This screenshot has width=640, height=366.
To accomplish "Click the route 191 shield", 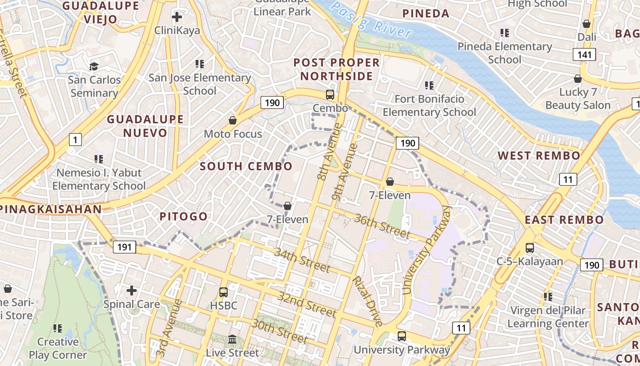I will pyautogui.click(x=124, y=248).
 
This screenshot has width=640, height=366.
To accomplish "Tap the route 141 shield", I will pyautogui.click(x=584, y=55).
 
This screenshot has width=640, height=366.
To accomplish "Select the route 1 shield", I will pyautogui.click(x=75, y=139).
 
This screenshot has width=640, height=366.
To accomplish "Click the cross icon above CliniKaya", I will pyautogui.click(x=177, y=17).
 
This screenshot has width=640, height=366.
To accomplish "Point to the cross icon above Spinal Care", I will pyautogui.click(x=132, y=290).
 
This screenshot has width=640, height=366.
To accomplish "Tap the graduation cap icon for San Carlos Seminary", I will pyautogui.click(x=94, y=67).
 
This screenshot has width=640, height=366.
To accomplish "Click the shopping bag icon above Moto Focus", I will pyautogui.click(x=233, y=120).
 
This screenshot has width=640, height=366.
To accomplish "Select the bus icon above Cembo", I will pyautogui.click(x=330, y=95).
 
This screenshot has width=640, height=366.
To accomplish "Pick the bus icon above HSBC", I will pyautogui.click(x=224, y=292).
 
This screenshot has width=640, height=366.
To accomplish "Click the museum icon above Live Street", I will pyautogui.click(x=232, y=339).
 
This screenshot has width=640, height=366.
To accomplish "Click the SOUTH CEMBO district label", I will pyautogui.click(x=246, y=166).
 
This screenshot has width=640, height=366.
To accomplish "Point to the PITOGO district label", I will pyautogui.click(x=183, y=216).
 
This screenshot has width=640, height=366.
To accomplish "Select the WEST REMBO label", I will pyautogui.click(x=539, y=156).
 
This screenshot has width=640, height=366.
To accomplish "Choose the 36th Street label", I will pyautogui.click(x=382, y=226).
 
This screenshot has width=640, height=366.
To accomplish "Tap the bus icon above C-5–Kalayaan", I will pyautogui.click(x=530, y=248).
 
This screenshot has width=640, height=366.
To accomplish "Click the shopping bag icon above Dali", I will pyautogui.click(x=587, y=24).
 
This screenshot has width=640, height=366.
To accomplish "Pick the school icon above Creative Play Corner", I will pyautogui.click(x=57, y=328).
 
